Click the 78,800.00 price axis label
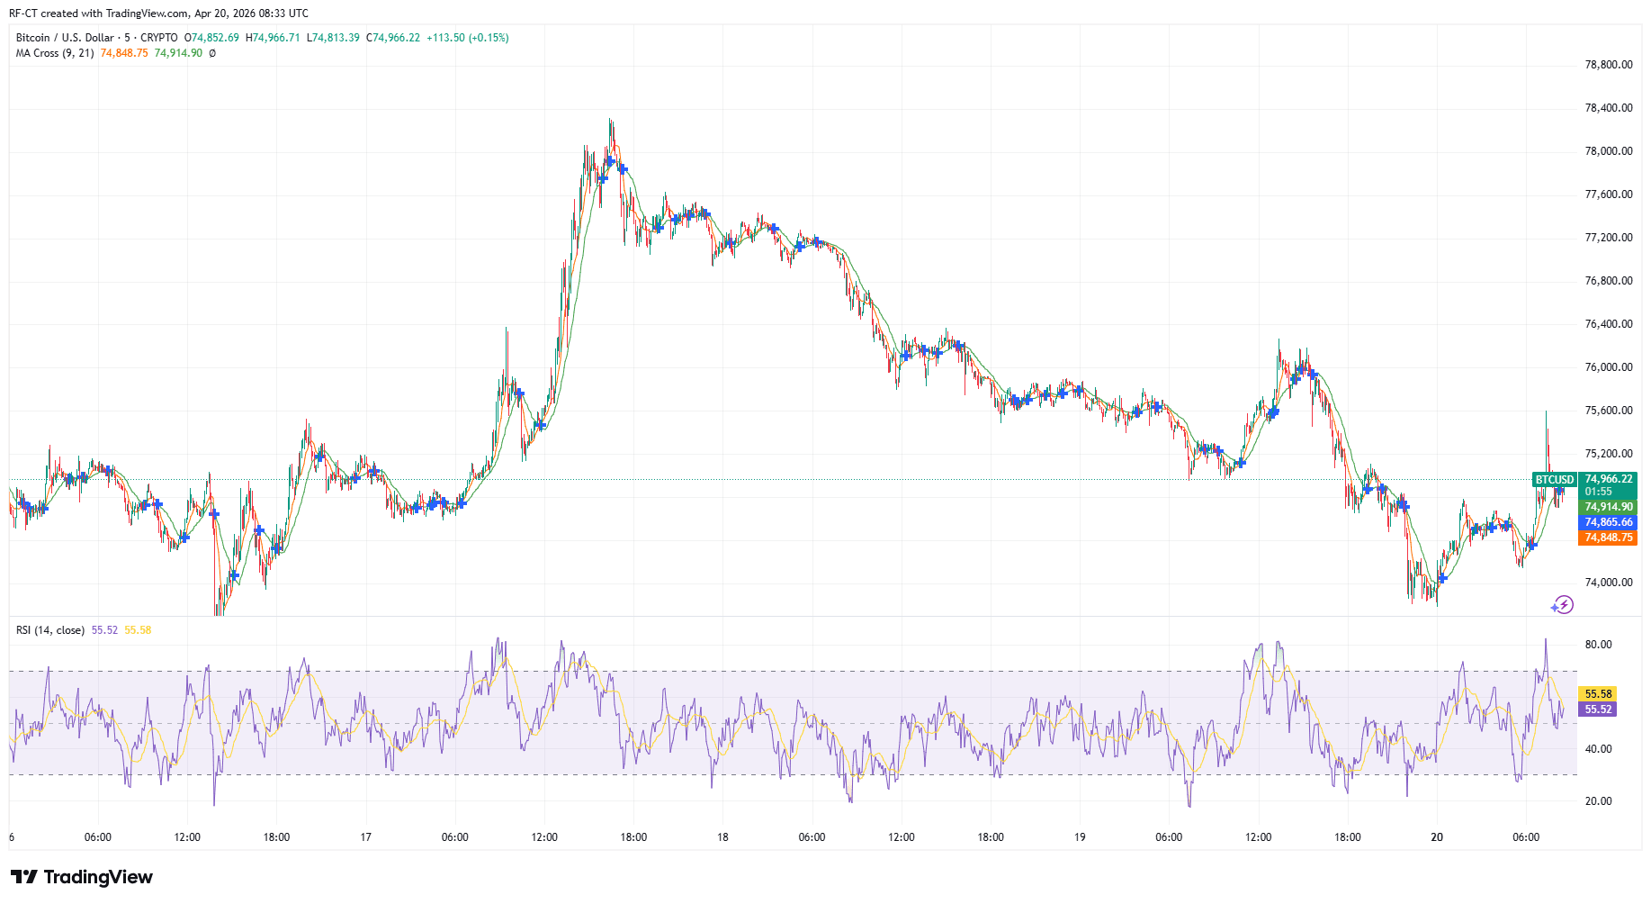coord(1608,65)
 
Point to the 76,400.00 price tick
coord(1608,324)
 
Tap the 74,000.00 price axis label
coord(1608,583)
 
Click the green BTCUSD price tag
coord(1554,480)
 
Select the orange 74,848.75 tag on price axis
coord(1608,538)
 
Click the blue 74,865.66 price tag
coord(1608,522)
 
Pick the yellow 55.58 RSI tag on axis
coord(1598,694)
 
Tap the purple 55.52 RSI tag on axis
coord(1598,710)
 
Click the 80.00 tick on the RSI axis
coord(1598,645)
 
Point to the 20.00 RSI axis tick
coord(1598,801)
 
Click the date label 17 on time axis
coord(365,837)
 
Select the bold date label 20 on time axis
coord(1437,837)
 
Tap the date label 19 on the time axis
coord(1080,837)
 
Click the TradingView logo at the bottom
coord(82,877)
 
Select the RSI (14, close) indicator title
coord(50,630)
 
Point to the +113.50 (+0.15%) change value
coord(467,38)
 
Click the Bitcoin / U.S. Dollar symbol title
coord(66,38)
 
